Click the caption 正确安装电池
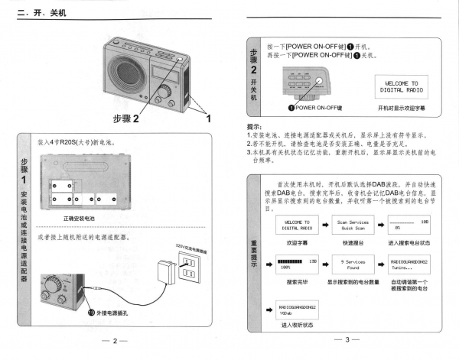point(78,218)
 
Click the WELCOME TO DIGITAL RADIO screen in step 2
point(402,86)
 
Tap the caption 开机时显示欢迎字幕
point(402,109)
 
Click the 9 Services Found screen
point(353,265)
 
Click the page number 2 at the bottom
point(115,341)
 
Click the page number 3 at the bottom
point(347,341)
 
